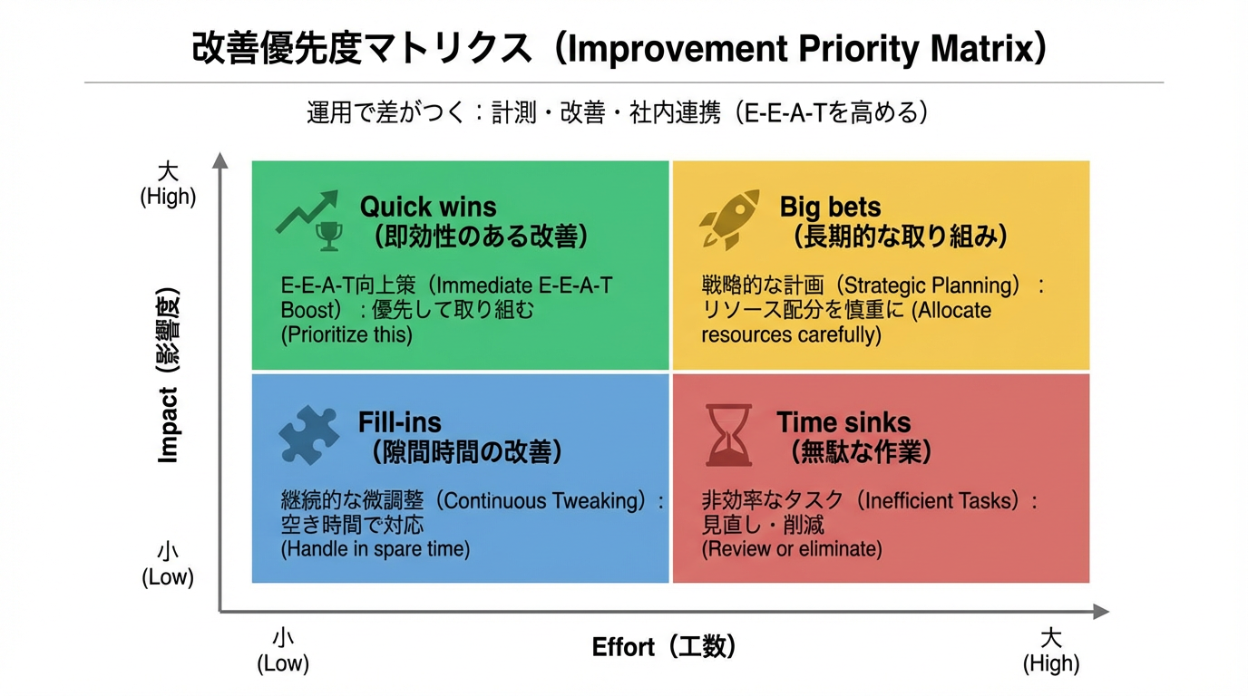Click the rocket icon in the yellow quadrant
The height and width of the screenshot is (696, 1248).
tap(729, 219)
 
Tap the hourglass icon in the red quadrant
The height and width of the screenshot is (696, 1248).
tap(728, 435)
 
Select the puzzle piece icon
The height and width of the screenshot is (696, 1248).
tap(309, 435)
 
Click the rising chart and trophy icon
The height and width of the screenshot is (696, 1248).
tap(309, 220)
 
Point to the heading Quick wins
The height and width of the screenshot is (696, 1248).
tap(428, 207)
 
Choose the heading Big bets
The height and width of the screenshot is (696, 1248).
tap(830, 207)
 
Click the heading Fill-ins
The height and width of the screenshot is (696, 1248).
tap(400, 422)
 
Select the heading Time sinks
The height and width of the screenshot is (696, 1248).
tap(843, 422)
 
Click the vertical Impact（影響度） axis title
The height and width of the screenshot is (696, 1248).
tap(169, 375)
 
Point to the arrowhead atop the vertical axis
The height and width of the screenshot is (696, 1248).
tap(219, 160)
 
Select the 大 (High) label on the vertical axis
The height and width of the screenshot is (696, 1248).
tap(168, 184)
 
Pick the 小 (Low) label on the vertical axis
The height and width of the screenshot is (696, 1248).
tap(168, 565)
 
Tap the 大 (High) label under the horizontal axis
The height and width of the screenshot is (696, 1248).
tap(1051, 651)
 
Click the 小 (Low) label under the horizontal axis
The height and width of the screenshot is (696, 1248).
tap(283, 651)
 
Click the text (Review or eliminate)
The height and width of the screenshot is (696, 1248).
tap(791, 549)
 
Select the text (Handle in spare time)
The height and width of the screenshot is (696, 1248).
tap(375, 549)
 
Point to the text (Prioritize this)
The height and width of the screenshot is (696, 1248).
tap(346, 334)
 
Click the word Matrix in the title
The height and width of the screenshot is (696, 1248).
tap(983, 48)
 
